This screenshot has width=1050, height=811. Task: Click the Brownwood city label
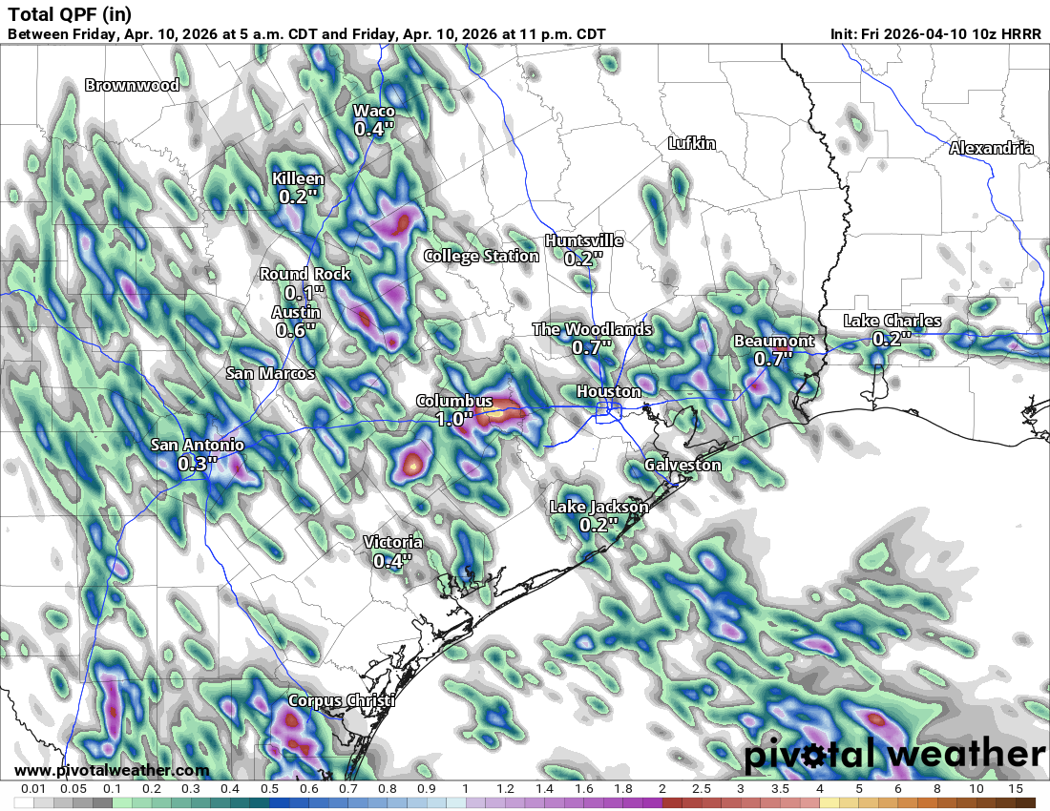132,85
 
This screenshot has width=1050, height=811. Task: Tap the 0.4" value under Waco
374,128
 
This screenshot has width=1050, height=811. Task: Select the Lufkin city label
691,143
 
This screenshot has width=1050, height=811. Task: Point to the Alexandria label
991,148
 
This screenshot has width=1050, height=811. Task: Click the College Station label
481,256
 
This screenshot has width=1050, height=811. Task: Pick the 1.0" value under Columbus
454,418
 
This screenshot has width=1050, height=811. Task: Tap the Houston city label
609,391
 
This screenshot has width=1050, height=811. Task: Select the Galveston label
682,465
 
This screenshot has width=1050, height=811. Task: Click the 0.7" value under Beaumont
774,359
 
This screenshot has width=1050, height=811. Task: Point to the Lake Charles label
892,321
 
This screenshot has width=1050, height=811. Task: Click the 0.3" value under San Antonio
198,463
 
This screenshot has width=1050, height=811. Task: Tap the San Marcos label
270,373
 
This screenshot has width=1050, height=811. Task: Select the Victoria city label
392,543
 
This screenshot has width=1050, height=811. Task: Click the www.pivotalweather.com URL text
112,770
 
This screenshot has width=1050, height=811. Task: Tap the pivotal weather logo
894,756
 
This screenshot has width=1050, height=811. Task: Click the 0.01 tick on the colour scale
33,789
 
